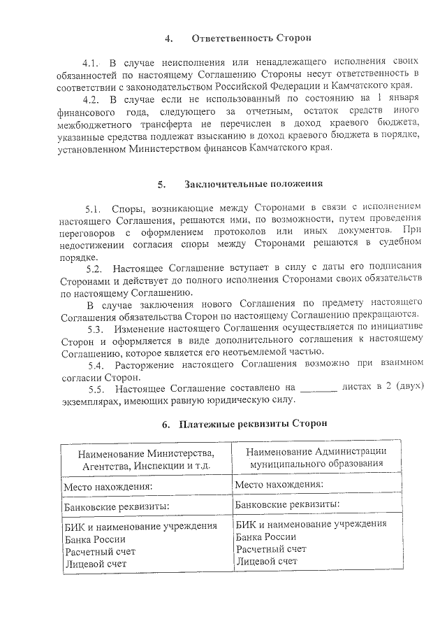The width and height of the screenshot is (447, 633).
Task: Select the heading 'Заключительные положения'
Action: coord(254,185)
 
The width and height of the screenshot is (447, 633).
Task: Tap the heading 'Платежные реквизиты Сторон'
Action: coord(251,424)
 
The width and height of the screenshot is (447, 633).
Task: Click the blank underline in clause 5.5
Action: coord(318,387)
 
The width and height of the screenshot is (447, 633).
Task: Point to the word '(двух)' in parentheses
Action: coord(408,387)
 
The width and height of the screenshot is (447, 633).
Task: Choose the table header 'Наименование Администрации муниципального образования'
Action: coord(317,457)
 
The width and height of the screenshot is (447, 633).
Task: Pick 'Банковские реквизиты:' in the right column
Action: coord(288,504)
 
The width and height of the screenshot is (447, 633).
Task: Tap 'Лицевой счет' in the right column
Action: coord(267,560)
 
